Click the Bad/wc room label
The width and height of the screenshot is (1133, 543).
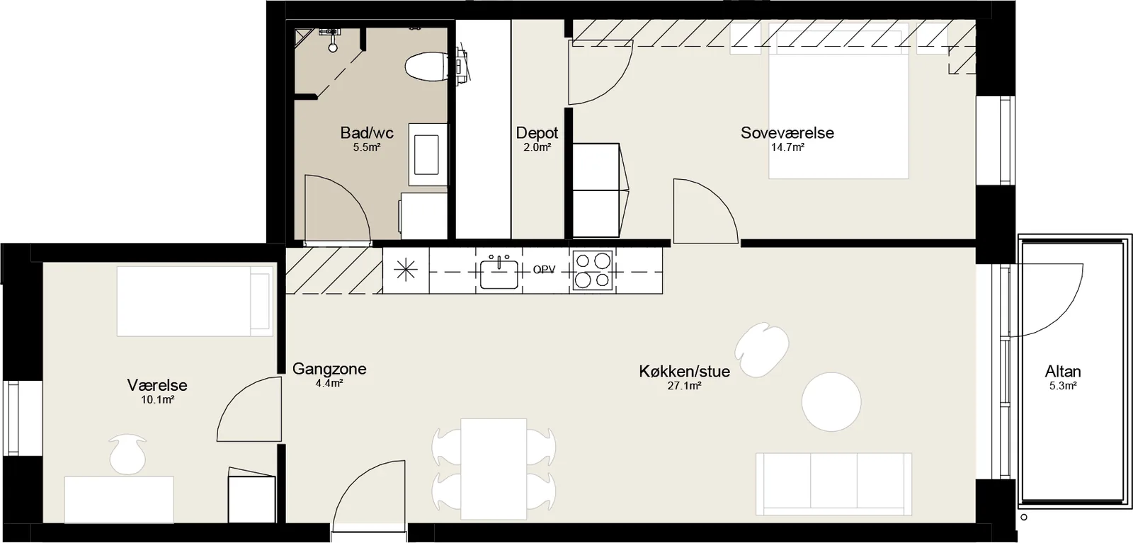pyautogui.click(x=367, y=133)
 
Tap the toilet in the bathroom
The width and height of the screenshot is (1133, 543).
pyautogui.click(x=426, y=67)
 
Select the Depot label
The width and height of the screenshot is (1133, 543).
pyautogui.click(x=537, y=133)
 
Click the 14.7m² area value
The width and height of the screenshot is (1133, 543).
pyautogui.click(x=787, y=148)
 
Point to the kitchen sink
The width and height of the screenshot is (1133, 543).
pyautogui.click(x=499, y=273)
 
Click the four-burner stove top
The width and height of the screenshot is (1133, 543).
pyautogui.click(x=592, y=270)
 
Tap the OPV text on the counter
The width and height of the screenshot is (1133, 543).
pyautogui.click(x=544, y=270)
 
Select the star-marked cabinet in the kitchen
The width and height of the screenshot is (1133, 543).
pyautogui.click(x=406, y=270)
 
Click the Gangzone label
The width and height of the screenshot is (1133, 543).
pyautogui.click(x=329, y=369)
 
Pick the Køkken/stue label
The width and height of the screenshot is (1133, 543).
pyautogui.click(x=684, y=372)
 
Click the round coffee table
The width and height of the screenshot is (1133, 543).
pyautogui.click(x=831, y=402)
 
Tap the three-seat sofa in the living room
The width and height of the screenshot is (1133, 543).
pyautogui.click(x=833, y=484)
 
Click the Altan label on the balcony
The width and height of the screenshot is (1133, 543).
pyautogui.click(x=1063, y=372)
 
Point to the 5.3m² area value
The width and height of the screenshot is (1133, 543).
pyautogui.click(x=1063, y=387)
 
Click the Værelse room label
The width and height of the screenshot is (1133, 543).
pyautogui.click(x=157, y=385)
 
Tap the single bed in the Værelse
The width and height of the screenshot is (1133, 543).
pyautogui.click(x=195, y=302)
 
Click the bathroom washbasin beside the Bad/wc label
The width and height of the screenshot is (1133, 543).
pyautogui.click(x=428, y=156)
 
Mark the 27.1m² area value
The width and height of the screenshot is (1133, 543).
pyautogui.click(x=684, y=387)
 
